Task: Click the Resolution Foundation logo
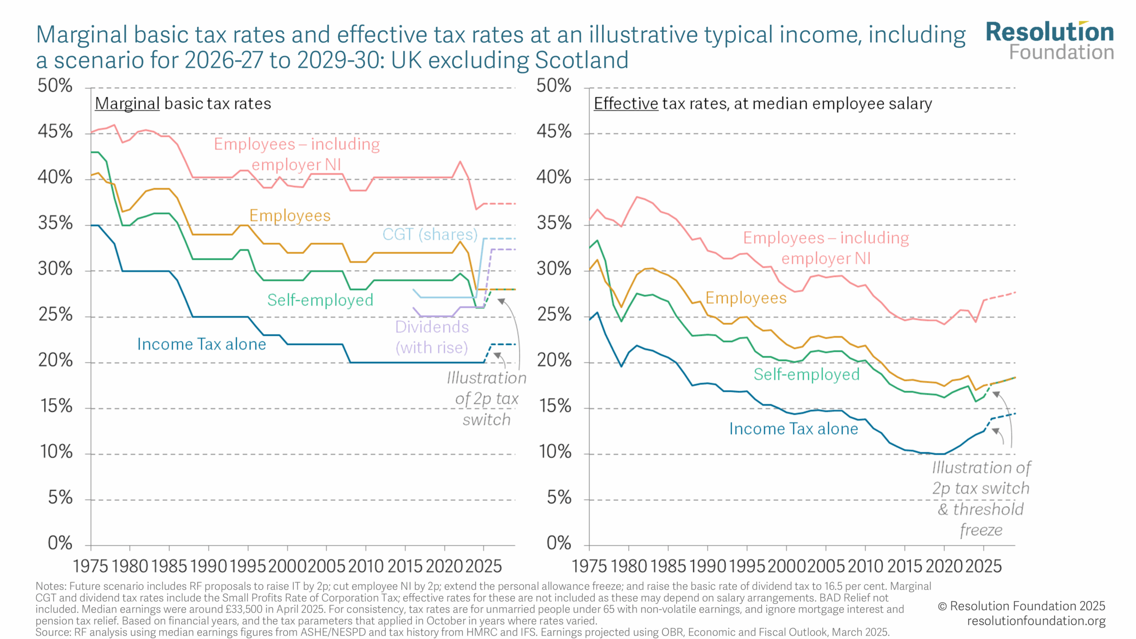[x=1049, y=40]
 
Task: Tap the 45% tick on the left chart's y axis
[x=55, y=132]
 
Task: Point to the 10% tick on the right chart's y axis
[x=554, y=452]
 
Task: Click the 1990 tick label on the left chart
[x=209, y=566]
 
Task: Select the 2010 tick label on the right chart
[x=866, y=566]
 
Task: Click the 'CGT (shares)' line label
[x=430, y=234]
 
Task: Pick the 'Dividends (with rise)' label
[x=432, y=337]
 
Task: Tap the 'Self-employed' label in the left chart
[x=320, y=300]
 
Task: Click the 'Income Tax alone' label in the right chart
[x=793, y=429]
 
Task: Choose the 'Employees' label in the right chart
[x=746, y=298]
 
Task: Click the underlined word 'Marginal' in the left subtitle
[x=127, y=103]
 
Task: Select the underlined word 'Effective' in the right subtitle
[x=626, y=103]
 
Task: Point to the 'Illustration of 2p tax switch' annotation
[x=486, y=398]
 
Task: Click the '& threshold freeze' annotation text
[x=981, y=519]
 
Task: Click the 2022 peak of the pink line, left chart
[x=460, y=162]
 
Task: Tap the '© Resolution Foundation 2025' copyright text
[x=1021, y=606]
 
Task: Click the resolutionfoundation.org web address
[x=1036, y=621]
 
